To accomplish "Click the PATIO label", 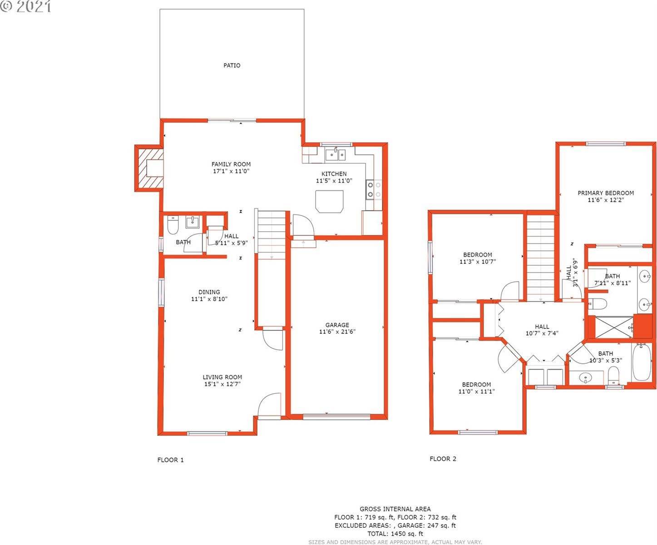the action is coord(232,65).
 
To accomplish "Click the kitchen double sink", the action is coord(336,154).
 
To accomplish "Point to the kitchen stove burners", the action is coord(374,190).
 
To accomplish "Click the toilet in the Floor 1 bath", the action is coord(173,224).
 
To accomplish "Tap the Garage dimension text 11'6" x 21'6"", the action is coord(337,332).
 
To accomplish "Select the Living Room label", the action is coord(222,377).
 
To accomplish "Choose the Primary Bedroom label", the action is coord(606,193).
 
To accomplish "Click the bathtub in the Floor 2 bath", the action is coord(642,362).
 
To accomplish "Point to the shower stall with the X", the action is coord(614,327).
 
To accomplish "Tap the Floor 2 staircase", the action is coord(541,258).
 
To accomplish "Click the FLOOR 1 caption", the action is coord(170,460).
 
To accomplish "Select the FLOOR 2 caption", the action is coord(443,459).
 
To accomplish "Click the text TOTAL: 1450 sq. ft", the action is coord(395,533).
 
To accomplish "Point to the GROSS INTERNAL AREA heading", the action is coord(395,509).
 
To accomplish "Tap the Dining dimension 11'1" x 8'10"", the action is coord(209,299).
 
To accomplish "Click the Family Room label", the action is coord(231,164).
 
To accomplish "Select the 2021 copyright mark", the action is coord(26,6).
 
